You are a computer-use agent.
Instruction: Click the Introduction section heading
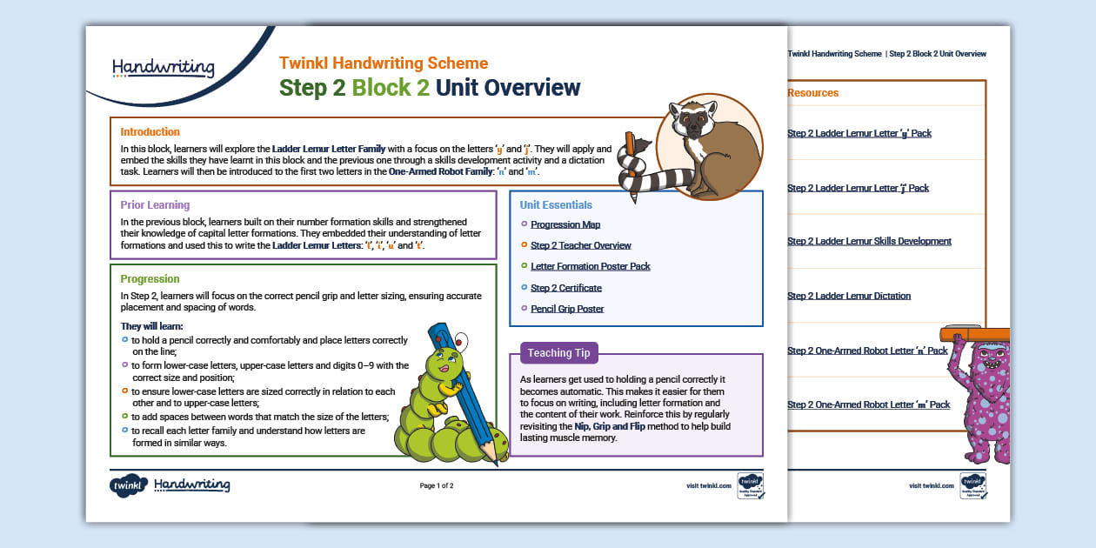pyautogui.click(x=150, y=132)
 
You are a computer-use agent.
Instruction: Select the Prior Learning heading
pyautogui.click(x=155, y=205)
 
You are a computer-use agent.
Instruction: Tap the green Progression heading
pyautogui.click(x=150, y=279)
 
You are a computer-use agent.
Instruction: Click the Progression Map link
pyautogui.click(x=565, y=224)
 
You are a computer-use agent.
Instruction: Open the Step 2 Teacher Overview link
pyautogui.click(x=580, y=245)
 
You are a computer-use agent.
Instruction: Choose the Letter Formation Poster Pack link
pyautogui.click(x=590, y=266)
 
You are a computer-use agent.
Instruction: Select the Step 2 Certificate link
pyautogui.click(x=565, y=288)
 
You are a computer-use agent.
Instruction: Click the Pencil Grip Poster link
pyautogui.click(x=567, y=309)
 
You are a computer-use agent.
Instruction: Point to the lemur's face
pyautogui.click(x=693, y=122)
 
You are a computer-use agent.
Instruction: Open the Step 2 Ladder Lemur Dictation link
pyautogui.click(x=848, y=296)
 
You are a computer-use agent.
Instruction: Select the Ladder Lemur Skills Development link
pyautogui.click(x=869, y=241)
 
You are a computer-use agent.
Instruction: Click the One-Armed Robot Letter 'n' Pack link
pyautogui.click(x=866, y=351)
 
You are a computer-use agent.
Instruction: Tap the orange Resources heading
pyautogui.click(x=812, y=93)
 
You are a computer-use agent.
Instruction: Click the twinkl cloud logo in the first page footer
pyautogui.click(x=128, y=485)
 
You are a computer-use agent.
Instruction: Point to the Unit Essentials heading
pyautogui.click(x=556, y=205)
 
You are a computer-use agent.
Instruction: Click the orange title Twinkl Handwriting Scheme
pyautogui.click(x=383, y=63)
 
